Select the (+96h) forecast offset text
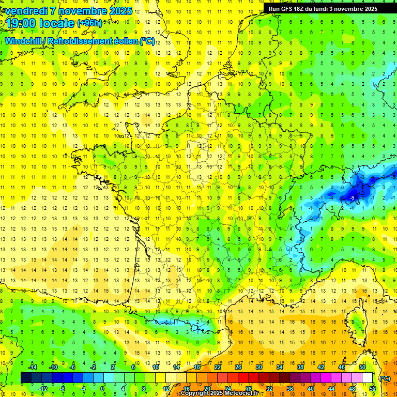89,23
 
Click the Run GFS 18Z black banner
323,8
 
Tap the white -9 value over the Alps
352,197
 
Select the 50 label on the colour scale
362,367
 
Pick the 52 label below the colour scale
373,389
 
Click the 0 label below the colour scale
102,389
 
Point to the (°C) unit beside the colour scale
385,378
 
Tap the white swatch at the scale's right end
368,378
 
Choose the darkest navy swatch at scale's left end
26,378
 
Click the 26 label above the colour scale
238,367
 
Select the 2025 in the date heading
120,11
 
